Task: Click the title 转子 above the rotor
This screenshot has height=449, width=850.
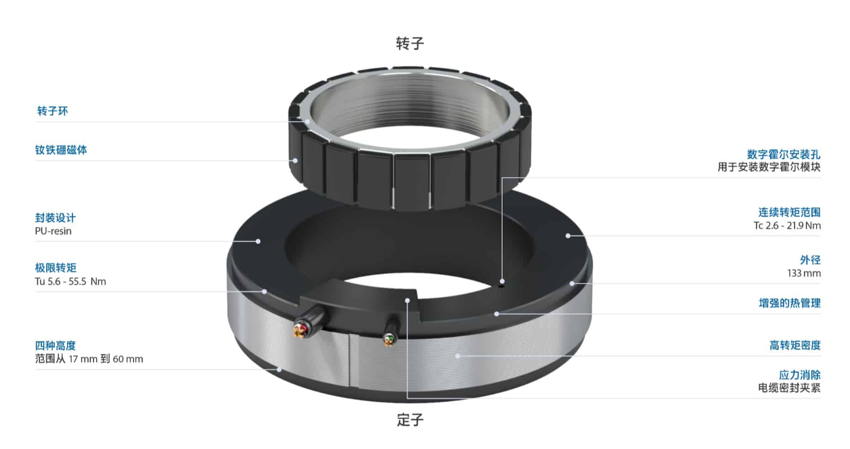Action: tap(410, 44)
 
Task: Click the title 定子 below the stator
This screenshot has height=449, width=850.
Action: tap(410, 420)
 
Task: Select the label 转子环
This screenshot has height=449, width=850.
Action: tap(52, 111)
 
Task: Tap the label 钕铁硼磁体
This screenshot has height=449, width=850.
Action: tap(61, 150)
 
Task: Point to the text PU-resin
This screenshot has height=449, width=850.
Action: tap(53, 231)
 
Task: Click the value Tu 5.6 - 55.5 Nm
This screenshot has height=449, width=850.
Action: tap(71, 281)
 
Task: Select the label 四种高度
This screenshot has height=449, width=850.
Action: tap(55, 346)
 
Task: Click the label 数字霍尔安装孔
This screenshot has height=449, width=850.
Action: tap(784, 154)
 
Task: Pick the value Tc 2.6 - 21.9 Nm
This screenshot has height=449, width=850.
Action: tap(787, 226)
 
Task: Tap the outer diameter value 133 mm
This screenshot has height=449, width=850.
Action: tap(804, 273)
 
